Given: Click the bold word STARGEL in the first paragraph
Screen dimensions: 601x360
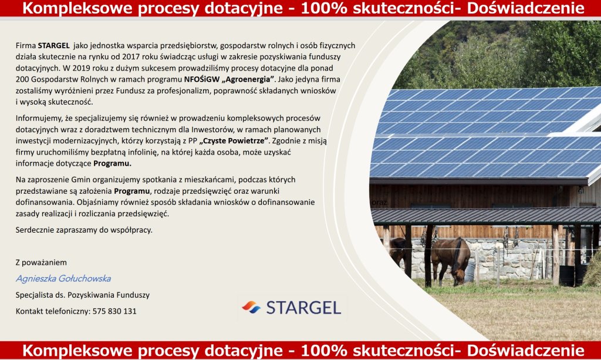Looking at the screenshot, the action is click(53, 46).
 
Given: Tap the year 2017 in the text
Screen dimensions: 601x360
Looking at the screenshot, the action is click(131, 57).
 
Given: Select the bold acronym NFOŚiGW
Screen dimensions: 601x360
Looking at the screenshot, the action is click(202, 79).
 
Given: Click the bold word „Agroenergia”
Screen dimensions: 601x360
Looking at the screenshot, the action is click(248, 79).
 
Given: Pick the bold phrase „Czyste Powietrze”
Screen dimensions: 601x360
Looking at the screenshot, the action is click(234, 141).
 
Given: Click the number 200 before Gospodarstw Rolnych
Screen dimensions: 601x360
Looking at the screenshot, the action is click(22, 79).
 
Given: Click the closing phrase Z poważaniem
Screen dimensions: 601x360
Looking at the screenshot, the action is click(41, 263).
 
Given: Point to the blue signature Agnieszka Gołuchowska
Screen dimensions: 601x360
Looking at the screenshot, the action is click(63, 279).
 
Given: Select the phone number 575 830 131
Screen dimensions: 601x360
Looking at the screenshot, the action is click(114, 311).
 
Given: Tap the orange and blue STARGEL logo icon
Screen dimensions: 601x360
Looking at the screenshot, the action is click(251, 308).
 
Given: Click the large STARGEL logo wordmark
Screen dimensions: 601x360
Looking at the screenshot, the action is click(303, 308).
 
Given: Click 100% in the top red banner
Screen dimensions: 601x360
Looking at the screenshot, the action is click(324, 8).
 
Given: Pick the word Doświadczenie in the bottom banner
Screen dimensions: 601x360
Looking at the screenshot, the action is click(525, 351).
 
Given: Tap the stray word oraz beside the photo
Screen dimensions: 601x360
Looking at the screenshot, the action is click(379, 203).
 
